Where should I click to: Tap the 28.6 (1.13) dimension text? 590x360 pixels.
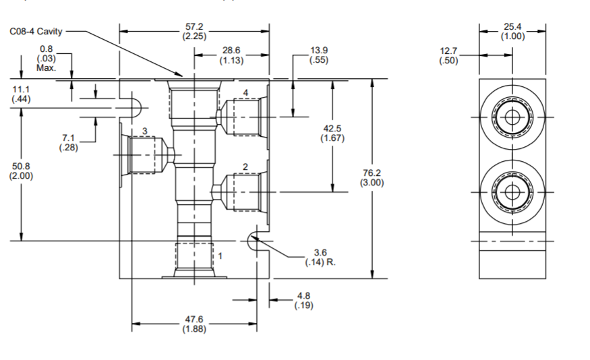pos(232,55)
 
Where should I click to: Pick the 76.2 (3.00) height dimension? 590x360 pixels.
pos(372,178)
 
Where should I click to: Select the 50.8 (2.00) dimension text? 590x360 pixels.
pos(21,171)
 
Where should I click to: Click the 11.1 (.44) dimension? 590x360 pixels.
pos(21,94)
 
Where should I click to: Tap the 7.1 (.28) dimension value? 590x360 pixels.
pos(68,143)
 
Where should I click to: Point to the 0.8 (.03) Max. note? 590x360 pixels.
pos(47,58)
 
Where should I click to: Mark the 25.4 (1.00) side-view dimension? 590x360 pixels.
pos(512,32)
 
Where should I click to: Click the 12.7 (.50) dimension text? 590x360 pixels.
pos(448,56)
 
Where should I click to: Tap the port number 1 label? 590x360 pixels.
pos(220,256)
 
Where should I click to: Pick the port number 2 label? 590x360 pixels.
pos(245,167)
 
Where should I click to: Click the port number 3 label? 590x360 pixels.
pos(144,131)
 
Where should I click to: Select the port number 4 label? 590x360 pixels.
pos(245,92)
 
